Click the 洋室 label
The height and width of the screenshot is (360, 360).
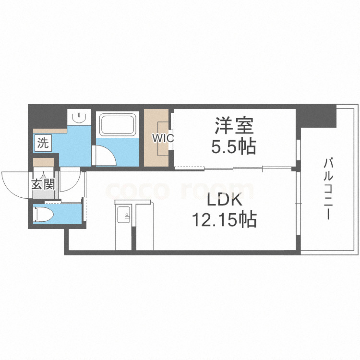(x=234, y=126)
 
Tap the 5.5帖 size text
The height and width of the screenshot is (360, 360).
(x=234, y=146)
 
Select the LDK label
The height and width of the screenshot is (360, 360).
(x=224, y=201)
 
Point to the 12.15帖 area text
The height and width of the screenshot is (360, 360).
(x=224, y=220)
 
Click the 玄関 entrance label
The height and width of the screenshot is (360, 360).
(x=43, y=184)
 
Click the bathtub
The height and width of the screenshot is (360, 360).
(x=117, y=124)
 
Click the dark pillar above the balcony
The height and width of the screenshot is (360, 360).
(x=317, y=116)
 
